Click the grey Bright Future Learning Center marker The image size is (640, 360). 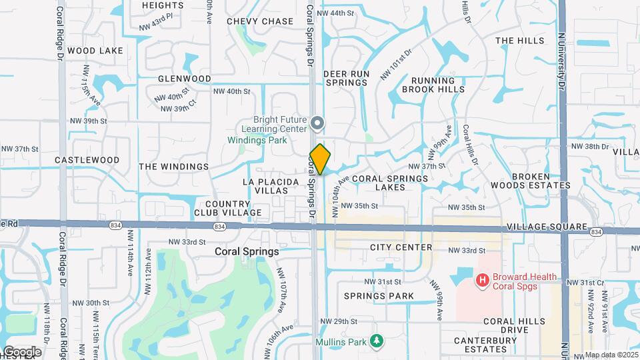coord(317,123)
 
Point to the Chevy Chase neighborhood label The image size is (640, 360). coord(260,21)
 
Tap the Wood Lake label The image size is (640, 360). coord(95,51)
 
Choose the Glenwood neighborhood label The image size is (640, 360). coord(185,79)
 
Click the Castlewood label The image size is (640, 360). coord(87,160)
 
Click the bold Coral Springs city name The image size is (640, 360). coord(247,253)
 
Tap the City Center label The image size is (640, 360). coord(401,248)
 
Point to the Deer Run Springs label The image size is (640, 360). coord(346,78)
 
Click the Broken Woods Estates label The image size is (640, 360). coord(540,181)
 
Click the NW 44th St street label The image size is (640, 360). coord(335,13)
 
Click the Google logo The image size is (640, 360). coord(21,351)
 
